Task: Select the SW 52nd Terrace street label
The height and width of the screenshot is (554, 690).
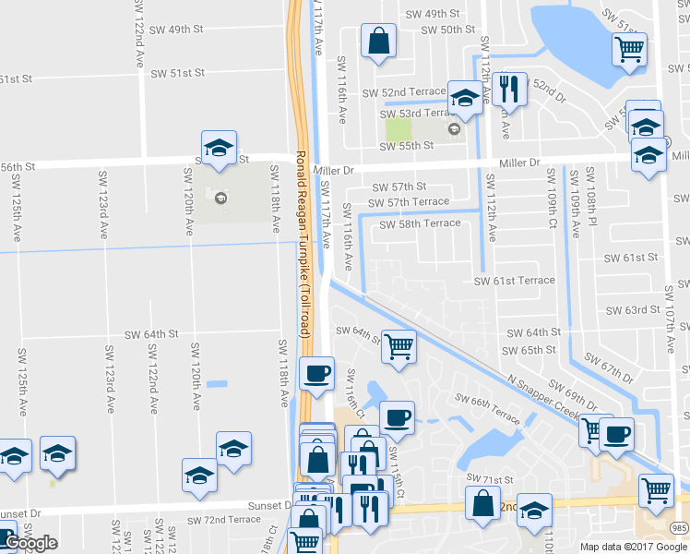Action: click(402, 92)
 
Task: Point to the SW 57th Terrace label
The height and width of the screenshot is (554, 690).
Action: click(409, 202)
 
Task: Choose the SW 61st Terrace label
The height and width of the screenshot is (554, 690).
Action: click(515, 281)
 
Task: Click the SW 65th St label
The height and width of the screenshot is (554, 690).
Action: click(530, 350)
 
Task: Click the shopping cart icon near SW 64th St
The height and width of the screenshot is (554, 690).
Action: click(399, 347)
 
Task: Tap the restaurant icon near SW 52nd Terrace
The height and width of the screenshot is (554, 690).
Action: click(509, 89)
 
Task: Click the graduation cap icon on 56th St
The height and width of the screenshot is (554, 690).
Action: click(219, 147)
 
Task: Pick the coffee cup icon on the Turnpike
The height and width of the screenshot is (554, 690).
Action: click(317, 373)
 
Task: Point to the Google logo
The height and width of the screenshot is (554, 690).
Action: click(30, 543)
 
